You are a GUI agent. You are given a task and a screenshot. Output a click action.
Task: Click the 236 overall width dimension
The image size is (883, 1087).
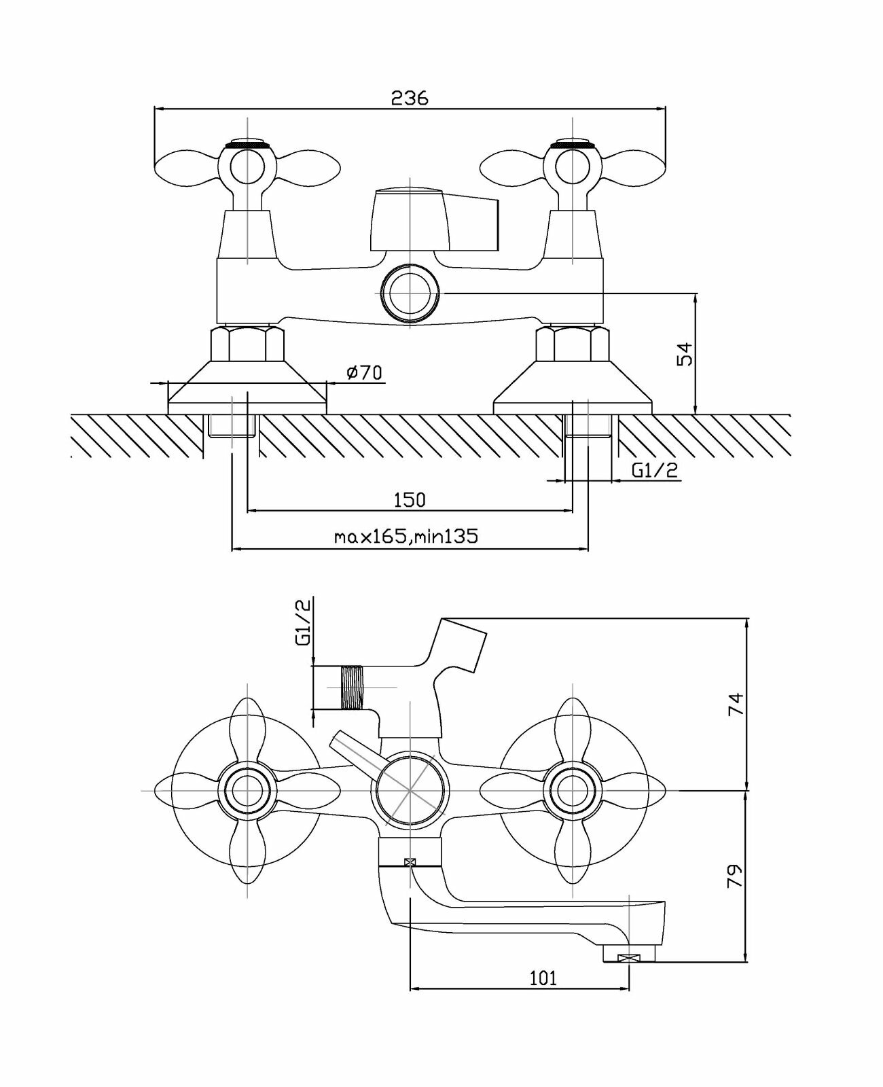click(x=410, y=99)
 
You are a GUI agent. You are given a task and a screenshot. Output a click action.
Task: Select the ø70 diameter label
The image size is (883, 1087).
click(x=364, y=372)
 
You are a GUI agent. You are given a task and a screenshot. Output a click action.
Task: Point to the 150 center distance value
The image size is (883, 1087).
click(x=410, y=500)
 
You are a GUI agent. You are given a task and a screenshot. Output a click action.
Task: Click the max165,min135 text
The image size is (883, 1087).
click(x=406, y=537)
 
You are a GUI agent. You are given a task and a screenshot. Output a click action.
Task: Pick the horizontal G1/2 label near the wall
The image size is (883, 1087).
click(x=655, y=470)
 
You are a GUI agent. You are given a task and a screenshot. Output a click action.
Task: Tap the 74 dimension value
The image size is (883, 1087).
click(x=736, y=704)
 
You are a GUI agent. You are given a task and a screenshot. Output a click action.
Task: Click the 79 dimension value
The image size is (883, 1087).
click(x=736, y=876)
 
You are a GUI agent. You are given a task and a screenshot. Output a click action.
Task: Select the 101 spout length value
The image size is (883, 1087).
click(x=543, y=978)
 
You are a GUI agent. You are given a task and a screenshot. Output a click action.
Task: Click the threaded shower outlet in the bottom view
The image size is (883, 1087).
click(x=352, y=688)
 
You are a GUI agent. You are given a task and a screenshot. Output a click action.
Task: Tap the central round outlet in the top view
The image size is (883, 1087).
click(x=410, y=292)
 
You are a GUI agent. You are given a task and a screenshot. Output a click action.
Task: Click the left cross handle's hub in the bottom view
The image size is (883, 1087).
click(x=247, y=791)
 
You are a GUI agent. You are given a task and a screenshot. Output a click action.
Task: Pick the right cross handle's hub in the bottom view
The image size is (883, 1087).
click(x=573, y=791)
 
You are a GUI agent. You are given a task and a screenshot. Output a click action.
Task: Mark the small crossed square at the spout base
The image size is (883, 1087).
click(x=410, y=862)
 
